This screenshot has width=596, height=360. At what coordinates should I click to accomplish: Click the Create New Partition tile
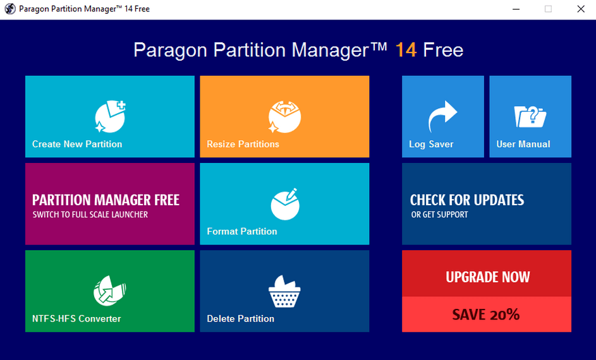[110, 117]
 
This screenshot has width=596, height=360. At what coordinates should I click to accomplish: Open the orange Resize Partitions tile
[284, 117]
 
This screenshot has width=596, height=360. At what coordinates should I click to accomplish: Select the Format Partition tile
[284, 204]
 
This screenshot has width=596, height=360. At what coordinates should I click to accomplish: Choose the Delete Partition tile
[284, 291]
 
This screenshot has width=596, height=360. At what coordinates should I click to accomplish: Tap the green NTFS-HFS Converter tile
[110, 291]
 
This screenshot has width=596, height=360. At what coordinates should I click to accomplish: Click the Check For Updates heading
[467, 200]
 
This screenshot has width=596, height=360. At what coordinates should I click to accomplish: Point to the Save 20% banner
[487, 314]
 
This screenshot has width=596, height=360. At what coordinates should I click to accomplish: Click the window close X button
[581, 9]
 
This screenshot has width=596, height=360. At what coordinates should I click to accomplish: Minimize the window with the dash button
[516, 9]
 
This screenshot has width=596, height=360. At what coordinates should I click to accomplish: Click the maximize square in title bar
[548, 9]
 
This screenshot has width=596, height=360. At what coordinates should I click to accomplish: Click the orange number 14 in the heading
[406, 50]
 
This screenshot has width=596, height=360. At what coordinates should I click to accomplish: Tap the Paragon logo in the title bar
[10, 9]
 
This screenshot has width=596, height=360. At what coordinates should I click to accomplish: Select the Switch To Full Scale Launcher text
[90, 215]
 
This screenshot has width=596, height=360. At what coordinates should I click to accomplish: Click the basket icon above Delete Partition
[284, 292]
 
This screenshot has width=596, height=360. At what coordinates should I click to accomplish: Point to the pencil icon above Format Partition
[291, 194]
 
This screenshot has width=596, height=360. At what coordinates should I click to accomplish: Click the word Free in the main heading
[443, 50]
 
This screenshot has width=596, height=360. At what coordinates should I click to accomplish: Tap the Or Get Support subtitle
[439, 215]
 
